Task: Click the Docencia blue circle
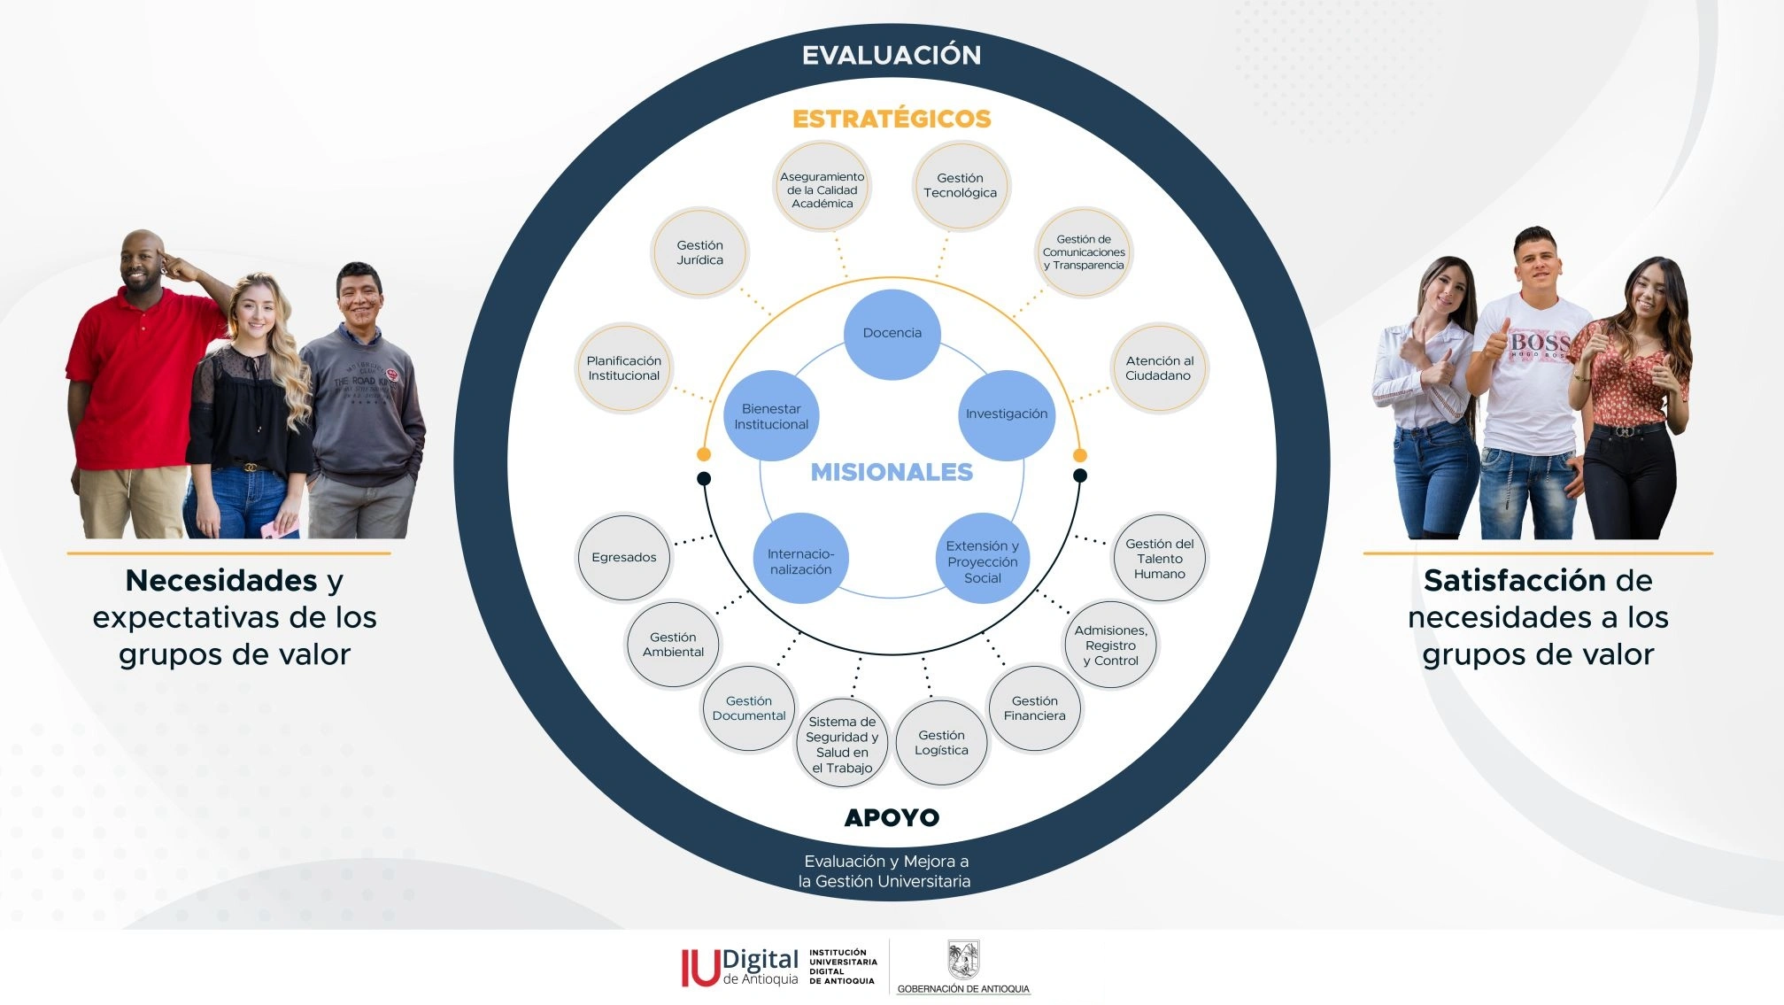[x=892, y=334]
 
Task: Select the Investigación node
[x=1007, y=414]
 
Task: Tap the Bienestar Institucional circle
[x=771, y=415]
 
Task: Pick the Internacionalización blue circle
[x=800, y=560]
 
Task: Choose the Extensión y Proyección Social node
[x=983, y=560]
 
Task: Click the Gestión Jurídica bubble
[x=699, y=252]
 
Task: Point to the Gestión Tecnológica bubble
[x=961, y=186]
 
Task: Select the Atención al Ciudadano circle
[x=1159, y=367]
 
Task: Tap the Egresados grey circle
[x=624, y=558]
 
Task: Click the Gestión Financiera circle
[x=1034, y=707]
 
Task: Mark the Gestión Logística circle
[x=941, y=742]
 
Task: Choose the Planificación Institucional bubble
[x=624, y=367]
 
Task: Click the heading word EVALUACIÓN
[x=892, y=55]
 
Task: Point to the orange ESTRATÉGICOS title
[x=892, y=119]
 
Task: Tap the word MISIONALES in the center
[x=892, y=472]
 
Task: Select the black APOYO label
[x=892, y=817]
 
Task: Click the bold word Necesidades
[x=221, y=580]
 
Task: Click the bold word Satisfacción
[x=1514, y=580]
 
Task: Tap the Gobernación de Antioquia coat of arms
[x=963, y=960]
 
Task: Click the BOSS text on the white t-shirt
[x=1540, y=342]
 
